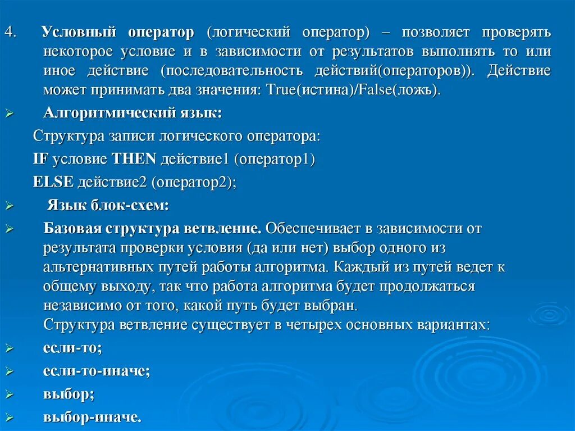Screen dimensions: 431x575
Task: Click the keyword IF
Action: [41, 159]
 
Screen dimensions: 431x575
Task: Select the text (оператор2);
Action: [194, 182]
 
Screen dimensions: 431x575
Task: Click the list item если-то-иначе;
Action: [97, 371]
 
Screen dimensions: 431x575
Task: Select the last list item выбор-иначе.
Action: [92, 417]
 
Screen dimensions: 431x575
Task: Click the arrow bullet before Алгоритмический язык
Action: [9, 114]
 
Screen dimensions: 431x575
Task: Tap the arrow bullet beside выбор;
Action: [9, 394]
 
